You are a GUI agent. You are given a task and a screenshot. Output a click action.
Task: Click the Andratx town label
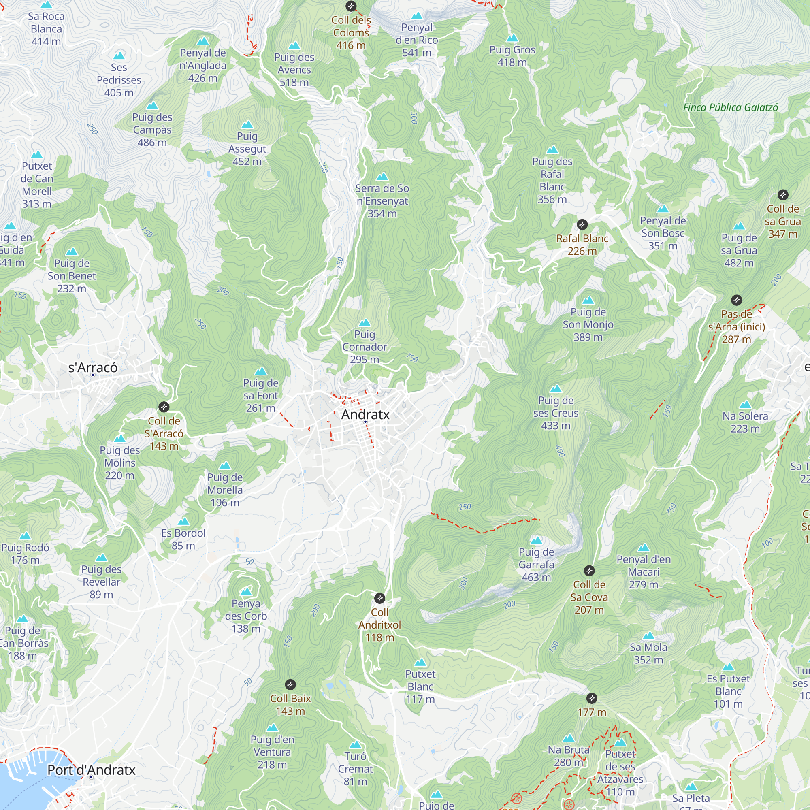(x=365, y=414)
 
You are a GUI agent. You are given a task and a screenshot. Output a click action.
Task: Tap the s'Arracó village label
(x=93, y=368)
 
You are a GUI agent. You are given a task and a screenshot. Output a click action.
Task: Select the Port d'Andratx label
(x=92, y=770)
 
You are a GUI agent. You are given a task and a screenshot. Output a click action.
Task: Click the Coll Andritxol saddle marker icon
(x=379, y=598)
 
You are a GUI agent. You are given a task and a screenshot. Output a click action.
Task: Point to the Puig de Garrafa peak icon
(x=536, y=540)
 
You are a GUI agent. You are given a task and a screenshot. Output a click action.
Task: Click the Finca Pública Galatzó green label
(x=730, y=107)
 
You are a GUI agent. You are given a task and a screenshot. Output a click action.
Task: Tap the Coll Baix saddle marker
(x=290, y=684)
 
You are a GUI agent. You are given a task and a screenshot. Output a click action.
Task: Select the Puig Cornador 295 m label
(x=364, y=347)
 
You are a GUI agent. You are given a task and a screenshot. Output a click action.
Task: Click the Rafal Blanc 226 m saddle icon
(x=582, y=225)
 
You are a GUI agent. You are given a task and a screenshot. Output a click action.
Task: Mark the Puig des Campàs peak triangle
(x=152, y=106)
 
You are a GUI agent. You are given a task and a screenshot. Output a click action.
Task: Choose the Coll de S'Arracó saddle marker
(x=164, y=407)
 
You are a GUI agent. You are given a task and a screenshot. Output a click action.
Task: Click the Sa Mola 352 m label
(x=648, y=653)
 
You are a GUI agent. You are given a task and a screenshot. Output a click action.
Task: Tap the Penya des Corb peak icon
(x=246, y=592)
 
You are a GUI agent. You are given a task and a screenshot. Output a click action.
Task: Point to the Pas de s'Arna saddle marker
(x=737, y=300)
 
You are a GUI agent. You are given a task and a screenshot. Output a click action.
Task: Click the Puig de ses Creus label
(x=556, y=413)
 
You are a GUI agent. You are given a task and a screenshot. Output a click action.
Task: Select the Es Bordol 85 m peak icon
(x=183, y=522)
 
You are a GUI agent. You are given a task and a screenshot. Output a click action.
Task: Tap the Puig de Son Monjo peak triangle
(x=588, y=300)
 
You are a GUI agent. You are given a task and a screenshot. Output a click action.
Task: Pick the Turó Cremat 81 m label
(x=355, y=769)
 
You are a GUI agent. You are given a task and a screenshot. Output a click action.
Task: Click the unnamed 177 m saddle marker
(x=592, y=699)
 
